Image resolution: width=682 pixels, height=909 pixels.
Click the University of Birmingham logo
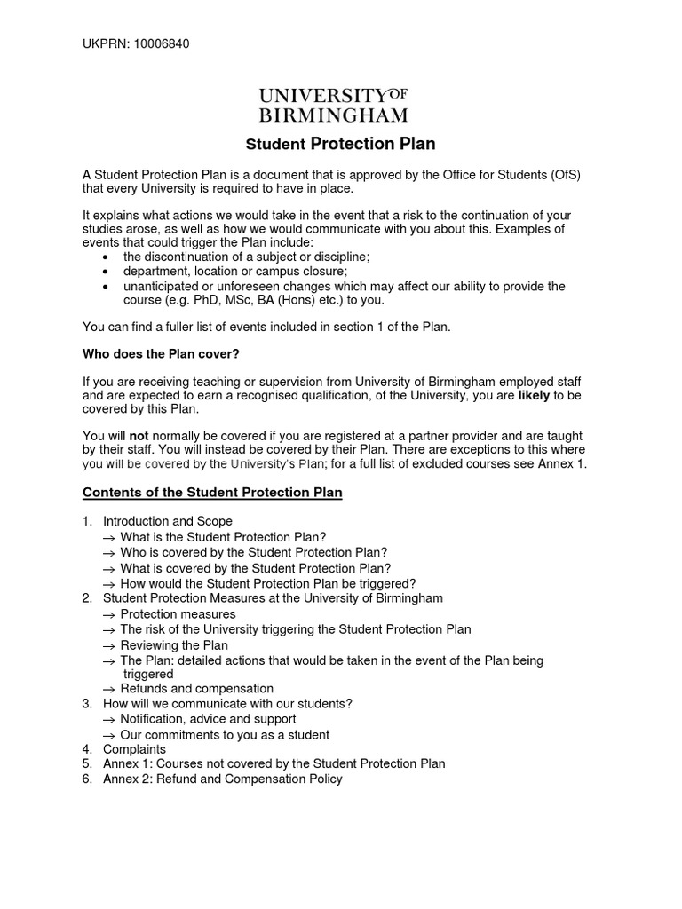coord(333,106)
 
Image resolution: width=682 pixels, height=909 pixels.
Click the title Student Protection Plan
coord(340,144)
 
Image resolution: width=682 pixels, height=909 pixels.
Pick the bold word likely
coord(534,395)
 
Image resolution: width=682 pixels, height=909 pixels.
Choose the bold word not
coord(139,436)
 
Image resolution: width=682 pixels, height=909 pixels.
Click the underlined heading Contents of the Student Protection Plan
coord(212,493)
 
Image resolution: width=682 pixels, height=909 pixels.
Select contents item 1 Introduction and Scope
coord(168,521)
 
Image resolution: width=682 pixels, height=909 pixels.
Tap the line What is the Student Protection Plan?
coord(223,537)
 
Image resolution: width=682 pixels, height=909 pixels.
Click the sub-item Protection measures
coord(178,614)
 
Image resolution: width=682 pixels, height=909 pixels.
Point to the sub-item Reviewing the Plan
coord(174,645)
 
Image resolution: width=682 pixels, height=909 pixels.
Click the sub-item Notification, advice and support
coord(208,719)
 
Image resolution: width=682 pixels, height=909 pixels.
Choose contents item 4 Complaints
coord(134,749)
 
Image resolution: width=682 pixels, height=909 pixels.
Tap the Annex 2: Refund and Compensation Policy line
coord(222,779)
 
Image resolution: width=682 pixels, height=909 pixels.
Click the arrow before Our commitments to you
coord(109,735)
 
